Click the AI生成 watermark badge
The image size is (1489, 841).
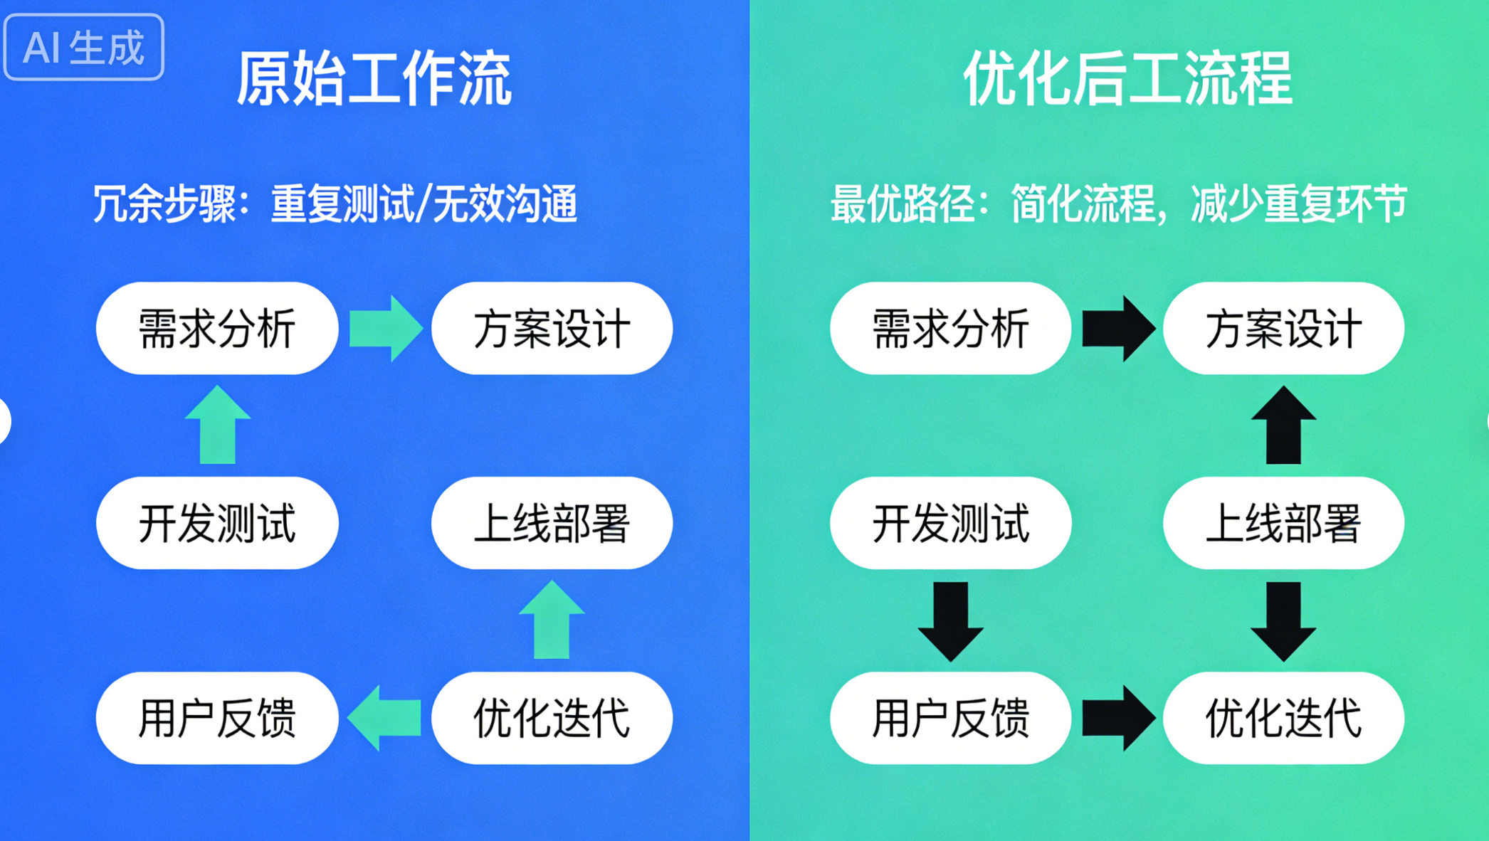(x=84, y=48)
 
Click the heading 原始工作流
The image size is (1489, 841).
(x=374, y=78)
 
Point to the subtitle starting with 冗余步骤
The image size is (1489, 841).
(x=335, y=204)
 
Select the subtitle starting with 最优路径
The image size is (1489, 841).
(x=1118, y=204)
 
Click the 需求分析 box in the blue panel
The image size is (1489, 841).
(x=217, y=329)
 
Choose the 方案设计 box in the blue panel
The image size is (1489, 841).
(x=552, y=329)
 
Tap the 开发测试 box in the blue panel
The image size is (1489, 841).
(x=217, y=523)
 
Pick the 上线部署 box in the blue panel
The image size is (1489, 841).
(x=552, y=523)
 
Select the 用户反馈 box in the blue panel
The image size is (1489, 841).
(x=217, y=718)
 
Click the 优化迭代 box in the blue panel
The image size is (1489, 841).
(x=552, y=718)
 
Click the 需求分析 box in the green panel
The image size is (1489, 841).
(x=950, y=329)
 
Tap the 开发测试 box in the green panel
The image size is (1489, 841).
(x=950, y=523)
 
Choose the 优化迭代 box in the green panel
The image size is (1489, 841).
(x=1283, y=718)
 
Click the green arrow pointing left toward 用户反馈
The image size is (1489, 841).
(x=384, y=718)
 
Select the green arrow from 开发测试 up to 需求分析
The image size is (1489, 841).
(x=218, y=425)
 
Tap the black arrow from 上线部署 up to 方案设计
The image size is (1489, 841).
(x=1283, y=425)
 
